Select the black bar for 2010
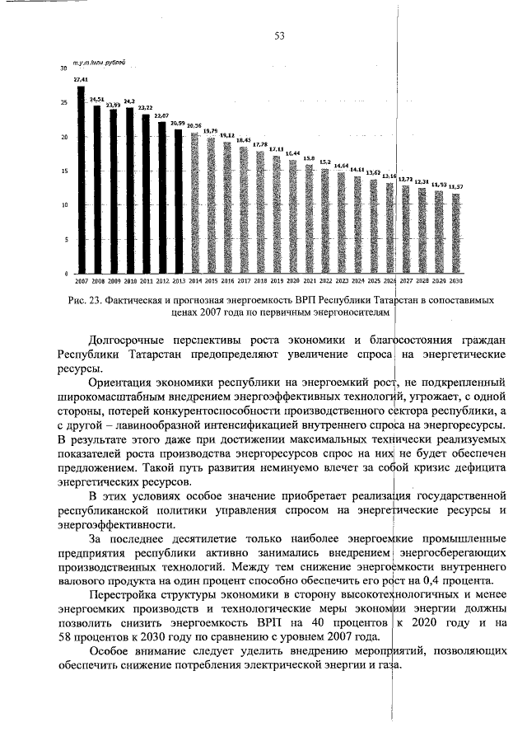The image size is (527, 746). tap(129, 190)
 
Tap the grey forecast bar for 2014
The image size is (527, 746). tap(194, 203)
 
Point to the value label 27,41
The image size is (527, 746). tap(81, 80)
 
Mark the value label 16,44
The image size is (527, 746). tap(292, 153)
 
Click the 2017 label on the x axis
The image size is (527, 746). tap(244, 281)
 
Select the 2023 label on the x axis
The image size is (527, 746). tap(342, 281)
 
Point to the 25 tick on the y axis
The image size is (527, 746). tap(63, 103)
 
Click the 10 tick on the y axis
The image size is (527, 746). tap(63, 205)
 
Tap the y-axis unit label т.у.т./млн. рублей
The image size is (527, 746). tap(99, 63)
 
